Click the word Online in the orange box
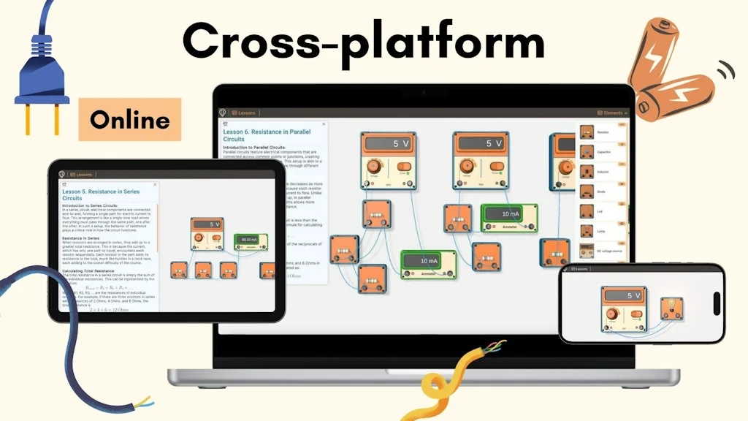pos(129,120)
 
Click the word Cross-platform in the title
pos(363,41)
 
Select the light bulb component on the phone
pos(671,308)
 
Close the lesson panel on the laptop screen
pos(324,124)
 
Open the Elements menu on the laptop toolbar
pos(612,113)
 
